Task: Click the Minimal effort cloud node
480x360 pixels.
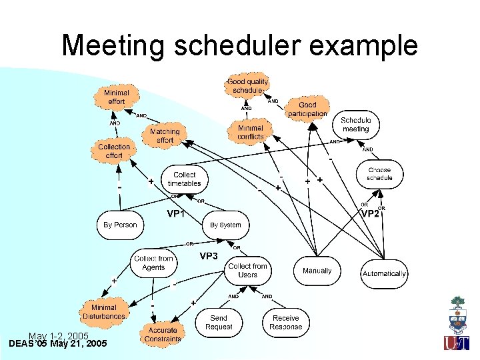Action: [117, 97]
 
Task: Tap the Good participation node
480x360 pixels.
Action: [307, 109]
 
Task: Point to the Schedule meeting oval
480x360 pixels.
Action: [355, 125]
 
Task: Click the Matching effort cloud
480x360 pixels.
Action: [165, 136]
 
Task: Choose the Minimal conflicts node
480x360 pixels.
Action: [250, 132]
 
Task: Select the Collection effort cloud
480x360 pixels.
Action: [114, 151]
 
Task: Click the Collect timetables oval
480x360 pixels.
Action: [185, 179]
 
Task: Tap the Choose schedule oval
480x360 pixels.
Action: [379, 174]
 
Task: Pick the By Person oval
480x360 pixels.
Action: [120, 225]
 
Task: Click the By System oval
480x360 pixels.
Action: [225, 225]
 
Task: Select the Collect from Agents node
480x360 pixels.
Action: [153, 263]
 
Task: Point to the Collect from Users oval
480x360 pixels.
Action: [247, 270]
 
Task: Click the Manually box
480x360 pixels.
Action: [317, 271]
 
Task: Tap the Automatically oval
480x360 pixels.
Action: [384, 273]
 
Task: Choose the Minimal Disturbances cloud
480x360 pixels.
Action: [103, 312]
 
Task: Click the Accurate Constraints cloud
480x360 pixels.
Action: [163, 334]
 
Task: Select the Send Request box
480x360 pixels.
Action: [219, 323]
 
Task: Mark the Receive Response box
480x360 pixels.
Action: [285, 323]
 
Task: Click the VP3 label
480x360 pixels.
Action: [208, 257]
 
